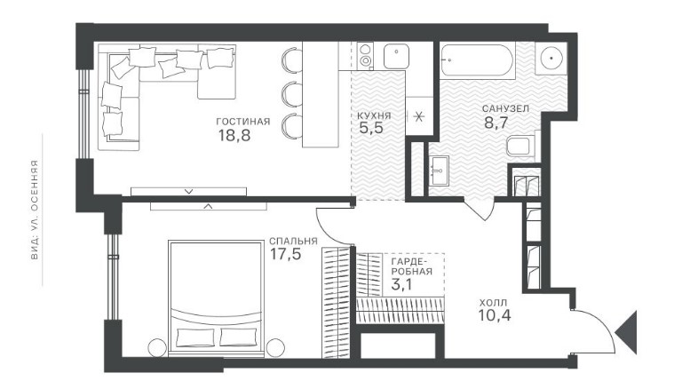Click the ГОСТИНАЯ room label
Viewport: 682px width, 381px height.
243,122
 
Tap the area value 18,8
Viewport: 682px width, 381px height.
234,136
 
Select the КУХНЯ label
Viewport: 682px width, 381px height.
374,115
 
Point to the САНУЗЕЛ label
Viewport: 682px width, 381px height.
505,108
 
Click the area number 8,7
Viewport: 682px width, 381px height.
496,123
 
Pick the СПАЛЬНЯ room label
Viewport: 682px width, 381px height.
293,241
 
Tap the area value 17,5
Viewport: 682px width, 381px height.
286,254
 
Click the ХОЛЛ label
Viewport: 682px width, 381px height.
493,302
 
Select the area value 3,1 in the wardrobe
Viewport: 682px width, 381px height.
402,285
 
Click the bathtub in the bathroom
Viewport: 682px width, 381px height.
477,60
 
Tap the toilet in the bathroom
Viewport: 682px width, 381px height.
520,147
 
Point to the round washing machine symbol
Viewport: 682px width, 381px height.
551,58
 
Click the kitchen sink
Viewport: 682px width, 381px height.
396,56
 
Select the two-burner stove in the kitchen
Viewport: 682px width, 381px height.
365,56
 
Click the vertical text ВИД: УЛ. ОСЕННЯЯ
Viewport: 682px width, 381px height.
35,210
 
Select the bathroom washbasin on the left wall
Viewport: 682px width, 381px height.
439,171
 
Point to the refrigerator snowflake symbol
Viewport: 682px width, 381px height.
419,116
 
